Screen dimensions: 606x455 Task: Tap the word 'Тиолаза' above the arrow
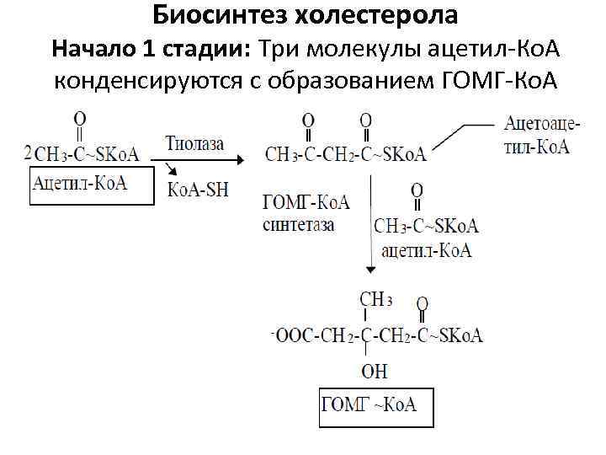pyautogui.click(x=194, y=143)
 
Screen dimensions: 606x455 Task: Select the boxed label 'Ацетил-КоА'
pyautogui.click(x=79, y=183)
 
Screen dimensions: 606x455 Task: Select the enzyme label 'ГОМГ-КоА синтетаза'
pyautogui.click(x=306, y=213)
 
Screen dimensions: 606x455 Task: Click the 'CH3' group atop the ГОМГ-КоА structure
pyautogui.click(x=375, y=299)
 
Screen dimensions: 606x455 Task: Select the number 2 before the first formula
pyautogui.click(x=29, y=153)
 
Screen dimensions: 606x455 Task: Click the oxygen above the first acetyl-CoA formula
pyautogui.click(x=78, y=118)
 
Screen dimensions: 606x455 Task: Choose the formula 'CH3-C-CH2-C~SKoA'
pyautogui.click(x=345, y=154)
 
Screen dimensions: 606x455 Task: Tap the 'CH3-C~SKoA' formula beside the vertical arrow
pyautogui.click(x=426, y=226)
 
